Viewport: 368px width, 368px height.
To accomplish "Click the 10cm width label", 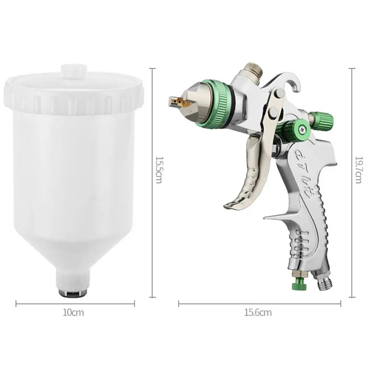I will tap(74, 313).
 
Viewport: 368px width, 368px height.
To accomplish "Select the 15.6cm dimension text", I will tap(258, 313).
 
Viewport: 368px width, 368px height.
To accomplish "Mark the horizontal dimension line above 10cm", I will tap(75, 304).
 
